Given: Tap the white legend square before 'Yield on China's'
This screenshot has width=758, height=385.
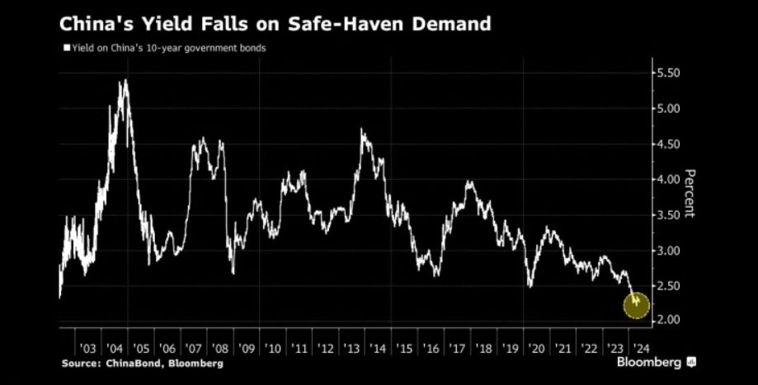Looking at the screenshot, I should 66,48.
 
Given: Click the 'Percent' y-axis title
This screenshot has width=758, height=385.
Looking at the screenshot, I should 690,192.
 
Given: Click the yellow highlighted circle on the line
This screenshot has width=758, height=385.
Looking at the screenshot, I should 636,305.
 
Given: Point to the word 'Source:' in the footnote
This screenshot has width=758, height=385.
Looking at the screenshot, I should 80,363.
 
